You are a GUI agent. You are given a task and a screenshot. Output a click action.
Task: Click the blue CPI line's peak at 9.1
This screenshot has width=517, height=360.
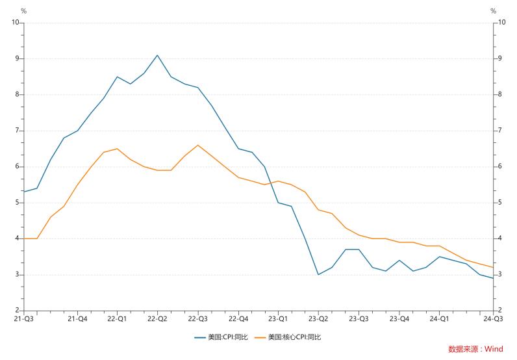(157, 55)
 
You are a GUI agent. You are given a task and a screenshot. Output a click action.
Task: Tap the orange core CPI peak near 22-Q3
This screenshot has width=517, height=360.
(197, 145)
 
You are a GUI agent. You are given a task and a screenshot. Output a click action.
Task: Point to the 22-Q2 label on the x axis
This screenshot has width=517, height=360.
(157, 319)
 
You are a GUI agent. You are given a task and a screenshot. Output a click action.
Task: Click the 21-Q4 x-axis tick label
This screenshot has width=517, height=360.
(77, 319)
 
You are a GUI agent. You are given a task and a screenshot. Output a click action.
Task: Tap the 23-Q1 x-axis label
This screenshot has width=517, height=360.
(278, 319)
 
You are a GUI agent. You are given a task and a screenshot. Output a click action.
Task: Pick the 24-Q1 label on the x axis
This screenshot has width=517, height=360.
(439, 319)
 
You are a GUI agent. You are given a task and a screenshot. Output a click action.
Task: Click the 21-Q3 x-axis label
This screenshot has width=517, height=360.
(24, 319)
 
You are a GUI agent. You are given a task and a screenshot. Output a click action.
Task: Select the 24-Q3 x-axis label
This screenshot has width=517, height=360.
(492, 319)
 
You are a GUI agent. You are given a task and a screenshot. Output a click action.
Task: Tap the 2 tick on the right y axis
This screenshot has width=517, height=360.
(499, 311)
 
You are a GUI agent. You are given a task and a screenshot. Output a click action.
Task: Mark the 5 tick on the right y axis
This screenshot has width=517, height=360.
(499, 203)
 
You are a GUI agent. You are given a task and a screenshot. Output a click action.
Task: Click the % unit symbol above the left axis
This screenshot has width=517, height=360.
(23, 11)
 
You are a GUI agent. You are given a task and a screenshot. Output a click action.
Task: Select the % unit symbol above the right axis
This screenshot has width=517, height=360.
(493, 11)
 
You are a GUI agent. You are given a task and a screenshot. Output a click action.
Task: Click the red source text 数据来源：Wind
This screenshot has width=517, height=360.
(475, 349)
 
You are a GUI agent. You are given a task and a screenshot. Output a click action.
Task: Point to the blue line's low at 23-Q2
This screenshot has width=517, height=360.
(318, 274)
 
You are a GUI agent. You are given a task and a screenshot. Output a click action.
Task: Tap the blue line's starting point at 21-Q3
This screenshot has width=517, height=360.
(24, 192)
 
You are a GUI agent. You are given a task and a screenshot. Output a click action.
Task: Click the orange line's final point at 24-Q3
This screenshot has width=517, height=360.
(493, 267)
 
